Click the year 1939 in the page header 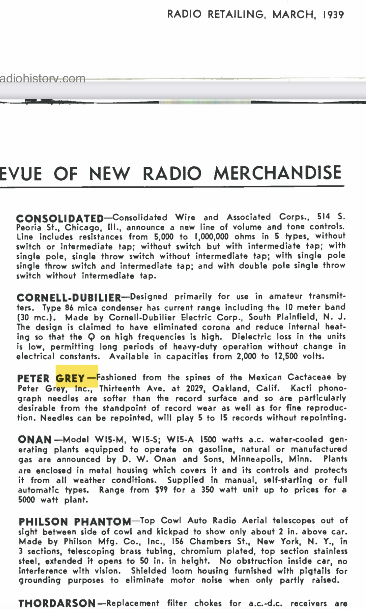pyautogui.click(x=333, y=15)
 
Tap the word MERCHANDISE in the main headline pyautogui.click(x=278, y=173)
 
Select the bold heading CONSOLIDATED pyautogui.click(x=60, y=218)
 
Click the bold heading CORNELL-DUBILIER pyautogui.click(x=69, y=298)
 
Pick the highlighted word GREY pyautogui.click(x=70, y=378)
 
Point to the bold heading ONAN pyautogui.click(x=35, y=440)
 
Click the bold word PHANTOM pyautogui.click(x=102, y=522)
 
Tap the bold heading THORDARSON pyautogui.click(x=57, y=603)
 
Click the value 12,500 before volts pyautogui.click(x=286, y=356)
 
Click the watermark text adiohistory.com pyautogui.click(x=43, y=79)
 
